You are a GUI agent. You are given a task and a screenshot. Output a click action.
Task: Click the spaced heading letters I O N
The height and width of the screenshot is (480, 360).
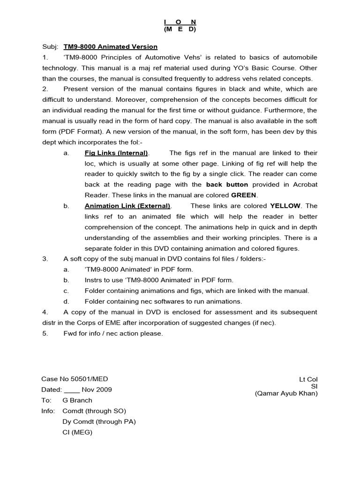[x=180, y=22]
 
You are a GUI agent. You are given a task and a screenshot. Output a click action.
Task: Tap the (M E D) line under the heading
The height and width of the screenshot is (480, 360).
[x=180, y=30]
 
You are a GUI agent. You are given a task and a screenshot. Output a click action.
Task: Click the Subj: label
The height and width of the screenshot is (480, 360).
[x=50, y=47]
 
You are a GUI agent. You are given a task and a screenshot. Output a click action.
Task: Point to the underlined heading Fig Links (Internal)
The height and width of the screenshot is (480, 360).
[x=116, y=153]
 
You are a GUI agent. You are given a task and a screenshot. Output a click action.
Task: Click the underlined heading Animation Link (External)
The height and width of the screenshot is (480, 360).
[x=127, y=206]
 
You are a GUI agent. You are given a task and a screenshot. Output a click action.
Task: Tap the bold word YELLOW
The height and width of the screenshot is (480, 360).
[x=285, y=206]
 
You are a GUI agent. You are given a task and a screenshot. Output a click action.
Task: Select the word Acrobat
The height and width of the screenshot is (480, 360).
[x=305, y=185]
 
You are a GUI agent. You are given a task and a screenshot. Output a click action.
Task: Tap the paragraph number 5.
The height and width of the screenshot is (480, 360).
[x=45, y=333]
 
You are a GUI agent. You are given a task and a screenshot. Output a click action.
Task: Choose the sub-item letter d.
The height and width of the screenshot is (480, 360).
[x=66, y=301]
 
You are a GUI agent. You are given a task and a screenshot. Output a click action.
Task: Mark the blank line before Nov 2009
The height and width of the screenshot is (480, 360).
[x=72, y=390]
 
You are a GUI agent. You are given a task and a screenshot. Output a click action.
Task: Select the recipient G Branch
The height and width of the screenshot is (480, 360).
[x=77, y=400]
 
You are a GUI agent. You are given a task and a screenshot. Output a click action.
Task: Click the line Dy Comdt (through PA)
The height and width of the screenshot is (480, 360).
[x=99, y=421]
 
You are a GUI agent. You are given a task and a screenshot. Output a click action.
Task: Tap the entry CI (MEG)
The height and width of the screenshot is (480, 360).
[x=77, y=432]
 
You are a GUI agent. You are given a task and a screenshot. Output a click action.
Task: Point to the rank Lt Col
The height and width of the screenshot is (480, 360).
[x=308, y=379]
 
